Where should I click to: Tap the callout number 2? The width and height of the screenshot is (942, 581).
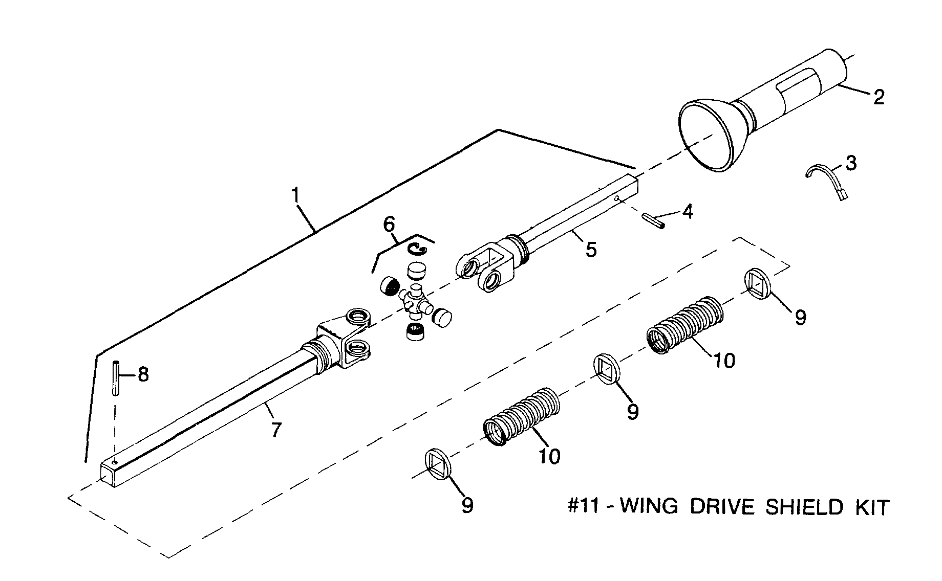879,97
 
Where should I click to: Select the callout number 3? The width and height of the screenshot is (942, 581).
850,163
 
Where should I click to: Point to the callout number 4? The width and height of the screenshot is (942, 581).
688,211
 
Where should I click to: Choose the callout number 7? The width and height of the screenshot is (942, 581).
276,430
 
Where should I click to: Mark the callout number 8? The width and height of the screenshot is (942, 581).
143,374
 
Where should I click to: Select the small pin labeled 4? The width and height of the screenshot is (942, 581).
653,220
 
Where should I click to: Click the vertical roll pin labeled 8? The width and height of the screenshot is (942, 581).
117,378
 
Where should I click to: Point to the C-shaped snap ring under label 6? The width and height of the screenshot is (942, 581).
417,249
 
